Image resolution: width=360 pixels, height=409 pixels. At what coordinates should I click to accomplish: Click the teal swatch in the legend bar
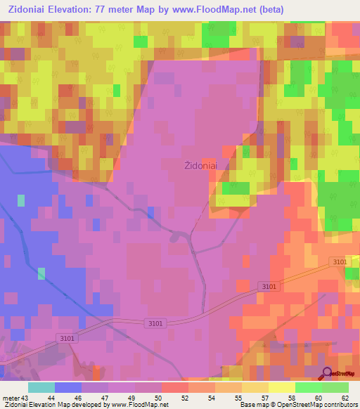(41, 387)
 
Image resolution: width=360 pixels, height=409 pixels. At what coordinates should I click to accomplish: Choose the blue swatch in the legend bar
(68, 387)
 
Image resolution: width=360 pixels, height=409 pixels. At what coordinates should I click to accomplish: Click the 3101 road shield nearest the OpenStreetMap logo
(339, 261)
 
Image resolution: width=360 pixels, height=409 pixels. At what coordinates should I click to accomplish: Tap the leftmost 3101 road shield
(67, 338)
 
